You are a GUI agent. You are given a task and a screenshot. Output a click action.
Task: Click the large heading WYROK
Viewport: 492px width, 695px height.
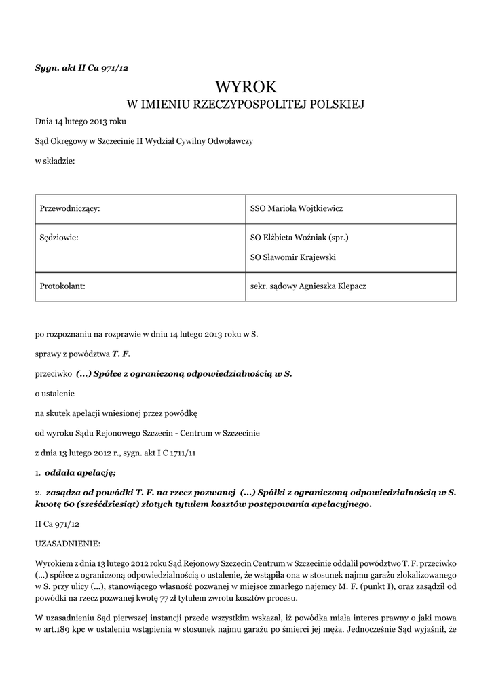click(x=246, y=86)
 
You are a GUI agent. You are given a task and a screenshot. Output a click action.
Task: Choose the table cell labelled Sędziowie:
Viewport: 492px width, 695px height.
click(x=59, y=238)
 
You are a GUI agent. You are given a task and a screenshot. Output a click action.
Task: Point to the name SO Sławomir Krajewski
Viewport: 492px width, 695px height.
click(x=293, y=257)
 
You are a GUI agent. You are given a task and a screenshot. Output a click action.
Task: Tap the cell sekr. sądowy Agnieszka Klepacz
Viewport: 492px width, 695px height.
click(x=308, y=286)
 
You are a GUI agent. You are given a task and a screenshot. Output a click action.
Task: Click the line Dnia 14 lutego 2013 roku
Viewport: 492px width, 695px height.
click(x=80, y=121)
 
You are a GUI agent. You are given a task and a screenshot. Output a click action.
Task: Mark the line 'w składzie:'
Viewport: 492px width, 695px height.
click(x=55, y=161)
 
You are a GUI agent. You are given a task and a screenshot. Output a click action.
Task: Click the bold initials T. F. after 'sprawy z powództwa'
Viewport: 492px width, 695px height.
click(x=121, y=354)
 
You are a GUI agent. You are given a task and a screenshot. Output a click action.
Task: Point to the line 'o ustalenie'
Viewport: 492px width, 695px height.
click(x=55, y=393)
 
